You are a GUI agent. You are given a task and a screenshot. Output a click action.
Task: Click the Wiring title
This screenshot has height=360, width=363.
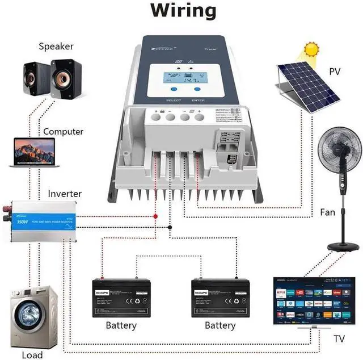183,10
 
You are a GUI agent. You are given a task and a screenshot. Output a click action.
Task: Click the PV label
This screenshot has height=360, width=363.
336,72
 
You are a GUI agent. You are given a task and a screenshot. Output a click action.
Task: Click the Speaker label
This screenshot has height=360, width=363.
56,46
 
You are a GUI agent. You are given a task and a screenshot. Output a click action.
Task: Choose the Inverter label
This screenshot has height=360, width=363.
65,194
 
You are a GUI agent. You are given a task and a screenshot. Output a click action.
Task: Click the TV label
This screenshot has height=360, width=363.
339,340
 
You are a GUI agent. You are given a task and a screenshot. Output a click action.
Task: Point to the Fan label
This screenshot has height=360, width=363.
328,212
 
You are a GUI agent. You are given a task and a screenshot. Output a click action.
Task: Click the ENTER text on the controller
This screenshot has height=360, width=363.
198,101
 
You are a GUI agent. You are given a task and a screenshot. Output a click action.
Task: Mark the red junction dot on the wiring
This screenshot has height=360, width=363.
155,216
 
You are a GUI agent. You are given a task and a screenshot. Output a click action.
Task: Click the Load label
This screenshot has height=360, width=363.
32,355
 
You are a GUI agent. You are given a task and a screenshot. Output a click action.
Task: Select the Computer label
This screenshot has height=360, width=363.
63,132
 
